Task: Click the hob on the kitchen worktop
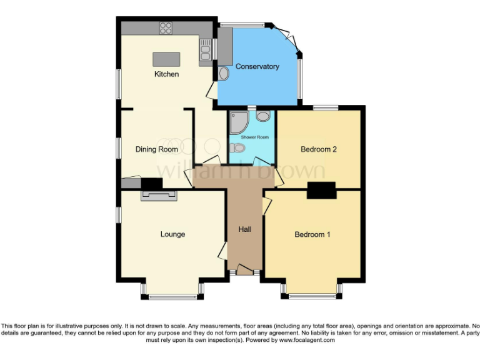point(166,27)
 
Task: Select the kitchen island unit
point(166,59)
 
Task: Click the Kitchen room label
point(166,74)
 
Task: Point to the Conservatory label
point(257,66)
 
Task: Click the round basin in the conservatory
point(224,73)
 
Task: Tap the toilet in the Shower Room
point(236,148)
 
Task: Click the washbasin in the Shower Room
point(263,116)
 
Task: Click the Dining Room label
point(156,149)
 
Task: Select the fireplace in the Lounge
point(159,196)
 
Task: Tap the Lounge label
point(172,234)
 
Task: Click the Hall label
point(244,229)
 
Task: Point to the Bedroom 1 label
point(312,234)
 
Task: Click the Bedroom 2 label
point(319,149)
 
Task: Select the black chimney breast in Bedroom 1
point(321,191)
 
